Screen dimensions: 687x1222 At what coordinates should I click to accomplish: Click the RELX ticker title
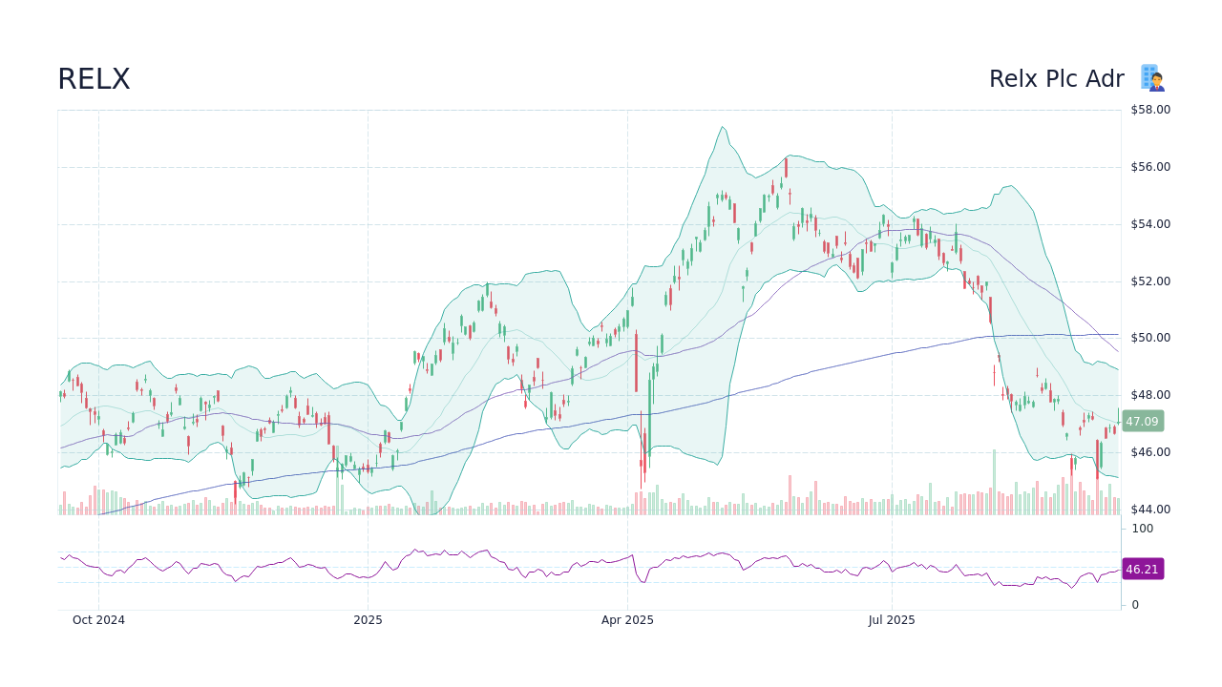94,79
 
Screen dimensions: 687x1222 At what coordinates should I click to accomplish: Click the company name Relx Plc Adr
1056,79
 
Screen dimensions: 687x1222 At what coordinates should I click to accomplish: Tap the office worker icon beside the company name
1152,78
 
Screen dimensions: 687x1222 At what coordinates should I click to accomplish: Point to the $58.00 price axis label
1150,110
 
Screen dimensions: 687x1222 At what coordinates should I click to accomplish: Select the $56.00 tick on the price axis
1150,167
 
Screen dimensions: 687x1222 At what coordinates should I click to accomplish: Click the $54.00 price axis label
1150,224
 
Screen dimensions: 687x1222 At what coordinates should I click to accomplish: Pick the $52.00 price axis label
1150,281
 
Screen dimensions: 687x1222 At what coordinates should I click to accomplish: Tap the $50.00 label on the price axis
1150,338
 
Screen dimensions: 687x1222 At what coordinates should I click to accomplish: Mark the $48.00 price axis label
1150,395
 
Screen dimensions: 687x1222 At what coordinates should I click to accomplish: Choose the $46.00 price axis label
1150,452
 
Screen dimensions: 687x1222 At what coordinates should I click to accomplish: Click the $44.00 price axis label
1150,510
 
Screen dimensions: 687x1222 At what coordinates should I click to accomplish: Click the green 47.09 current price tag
1142,421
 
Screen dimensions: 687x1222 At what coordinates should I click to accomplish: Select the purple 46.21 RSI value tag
1142,569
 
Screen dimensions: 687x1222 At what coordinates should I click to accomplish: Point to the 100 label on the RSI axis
1143,529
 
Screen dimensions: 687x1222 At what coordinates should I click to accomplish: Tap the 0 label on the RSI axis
1135,605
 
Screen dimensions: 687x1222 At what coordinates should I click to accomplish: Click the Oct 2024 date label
98,620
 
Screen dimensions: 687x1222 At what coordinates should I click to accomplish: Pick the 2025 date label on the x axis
368,620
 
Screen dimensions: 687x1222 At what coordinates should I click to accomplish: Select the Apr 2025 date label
627,620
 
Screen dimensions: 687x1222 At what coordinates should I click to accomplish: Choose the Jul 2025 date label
892,620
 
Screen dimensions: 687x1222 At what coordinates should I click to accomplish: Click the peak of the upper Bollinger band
723,127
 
